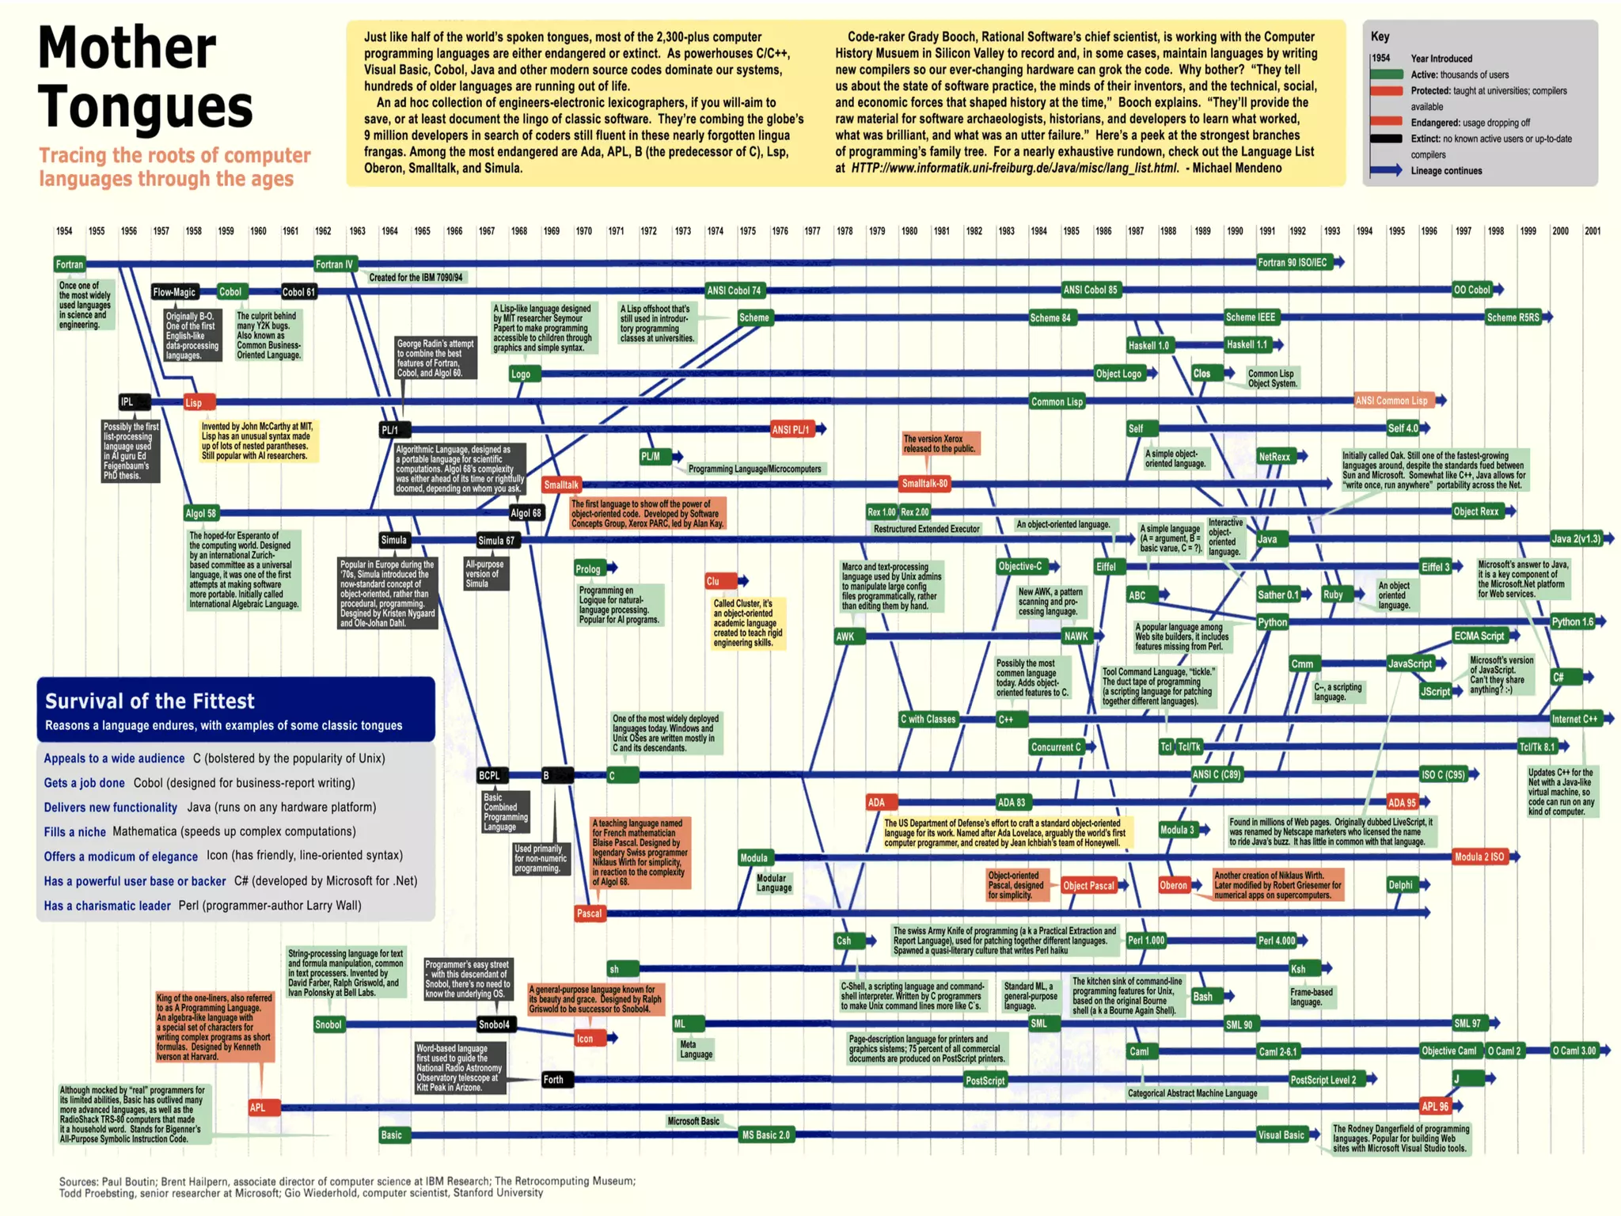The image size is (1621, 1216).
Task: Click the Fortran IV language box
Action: tap(335, 264)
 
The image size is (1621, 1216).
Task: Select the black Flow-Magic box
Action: tap(174, 292)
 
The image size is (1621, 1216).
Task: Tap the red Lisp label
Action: tap(194, 403)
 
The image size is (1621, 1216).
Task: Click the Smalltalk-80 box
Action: tap(924, 483)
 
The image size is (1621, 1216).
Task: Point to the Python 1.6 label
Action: tap(1572, 621)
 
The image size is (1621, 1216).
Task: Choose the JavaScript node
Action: tap(1410, 663)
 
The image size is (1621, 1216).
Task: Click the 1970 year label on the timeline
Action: tap(584, 231)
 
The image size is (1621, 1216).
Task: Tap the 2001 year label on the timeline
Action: tap(1592, 231)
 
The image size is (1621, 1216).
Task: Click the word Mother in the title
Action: tap(127, 49)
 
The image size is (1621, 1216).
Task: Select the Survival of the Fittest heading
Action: tap(150, 701)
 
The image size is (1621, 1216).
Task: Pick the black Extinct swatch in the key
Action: tap(1387, 139)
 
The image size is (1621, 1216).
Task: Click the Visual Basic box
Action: tap(1281, 1134)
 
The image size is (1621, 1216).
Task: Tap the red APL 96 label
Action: tap(1434, 1107)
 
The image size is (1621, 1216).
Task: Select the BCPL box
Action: tap(489, 775)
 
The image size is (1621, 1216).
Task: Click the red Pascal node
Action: tap(589, 913)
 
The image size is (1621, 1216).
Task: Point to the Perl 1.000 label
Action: tap(1145, 940)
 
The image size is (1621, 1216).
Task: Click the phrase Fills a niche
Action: tap(74, 832)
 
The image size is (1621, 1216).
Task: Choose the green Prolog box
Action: tap(588, 568)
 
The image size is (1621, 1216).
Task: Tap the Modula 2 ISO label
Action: tap(1479, 857)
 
